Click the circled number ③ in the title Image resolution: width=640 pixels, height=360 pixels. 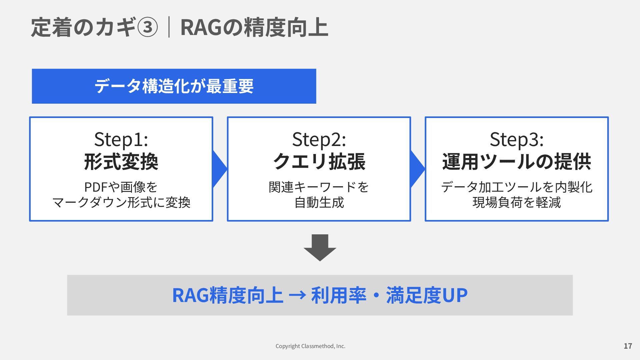(x=147, y=27)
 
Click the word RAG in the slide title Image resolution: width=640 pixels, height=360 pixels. (x=201, y=27)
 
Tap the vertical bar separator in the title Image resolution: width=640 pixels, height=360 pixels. (x=169, y=27)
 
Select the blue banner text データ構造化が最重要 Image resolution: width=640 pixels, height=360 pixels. (x=174, y=86)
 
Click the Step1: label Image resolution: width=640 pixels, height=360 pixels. (x=121, y=139)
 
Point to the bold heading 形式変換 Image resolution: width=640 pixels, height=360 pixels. (x=121, y=162)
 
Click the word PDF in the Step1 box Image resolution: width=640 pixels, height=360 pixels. (x=96, y=187)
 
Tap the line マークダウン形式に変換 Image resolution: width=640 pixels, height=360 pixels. (x=121, y=202)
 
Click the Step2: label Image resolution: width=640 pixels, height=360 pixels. (x=319, y=139)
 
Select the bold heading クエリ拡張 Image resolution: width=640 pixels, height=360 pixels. (x=319, y=162)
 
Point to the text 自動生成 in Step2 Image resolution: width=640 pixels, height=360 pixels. (x=319, y=202)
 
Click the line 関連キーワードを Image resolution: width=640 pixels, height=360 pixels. (x=319, y=187)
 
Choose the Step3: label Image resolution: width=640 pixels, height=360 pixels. (x=517, y=139)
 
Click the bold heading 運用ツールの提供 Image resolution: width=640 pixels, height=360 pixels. (x=517, y=162)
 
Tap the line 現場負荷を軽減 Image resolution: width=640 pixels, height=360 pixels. (x=517, y=202)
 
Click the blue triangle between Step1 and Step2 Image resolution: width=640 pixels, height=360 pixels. (x=218, y=169)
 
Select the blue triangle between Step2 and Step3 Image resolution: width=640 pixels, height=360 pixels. (x=416, y=169)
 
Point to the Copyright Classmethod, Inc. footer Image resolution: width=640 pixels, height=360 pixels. (x=310, y=346)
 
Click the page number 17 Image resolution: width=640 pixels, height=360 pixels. (x=628, y=346)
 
